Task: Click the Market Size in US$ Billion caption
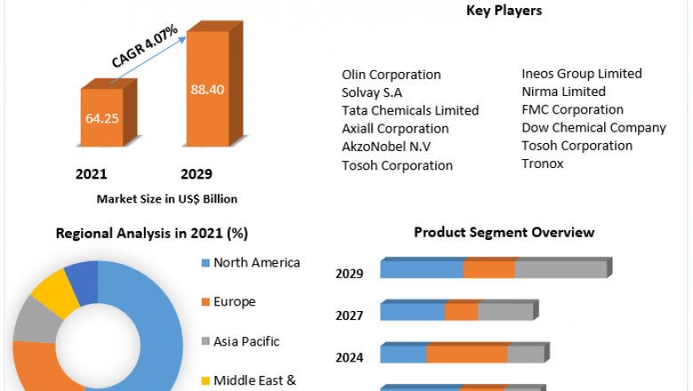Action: pos(167,198)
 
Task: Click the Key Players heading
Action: pos(504,11)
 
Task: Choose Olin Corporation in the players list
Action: pos(391,75)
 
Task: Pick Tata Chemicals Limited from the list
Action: pos(410,111)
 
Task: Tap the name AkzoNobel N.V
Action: pos(388,147)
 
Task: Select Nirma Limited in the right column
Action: pos(563,92)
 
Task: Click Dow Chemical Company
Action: pos(593,127)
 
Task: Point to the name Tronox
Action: pos(542,164)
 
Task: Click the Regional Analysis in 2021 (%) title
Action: pos(152,233)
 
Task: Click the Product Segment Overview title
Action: pos(504,232)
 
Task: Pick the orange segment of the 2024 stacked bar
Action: pos(466,354)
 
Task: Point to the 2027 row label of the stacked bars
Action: pos(349,315)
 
